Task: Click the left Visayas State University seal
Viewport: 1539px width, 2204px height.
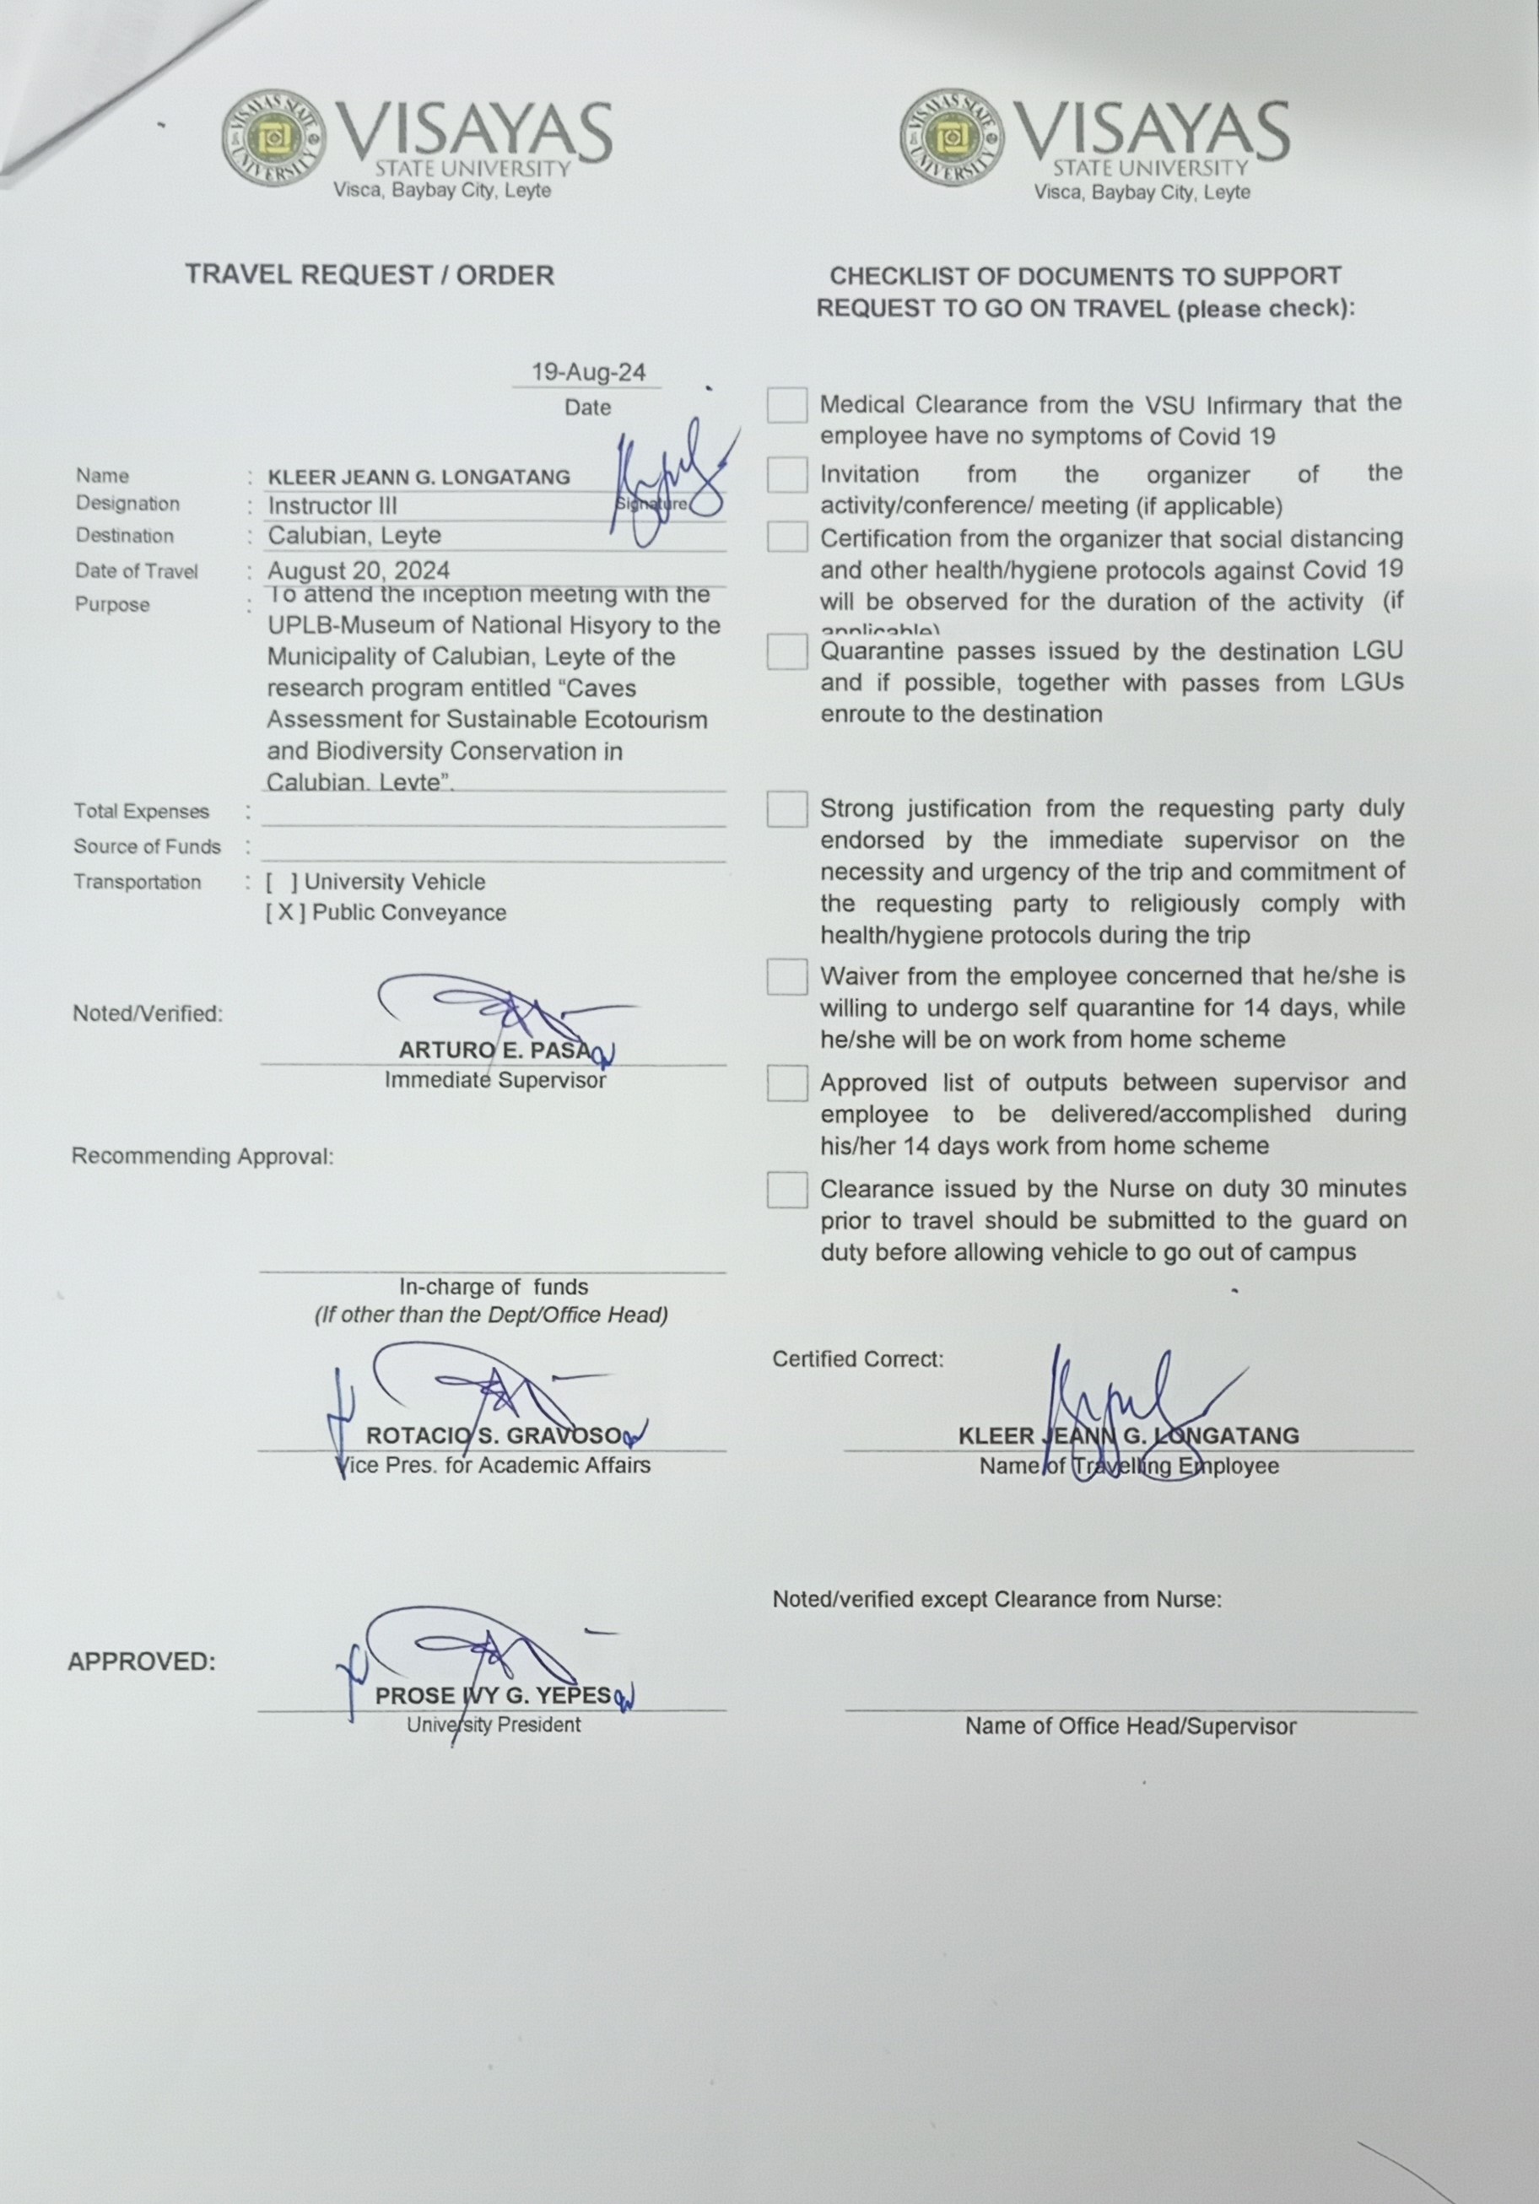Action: [x=273, y=142]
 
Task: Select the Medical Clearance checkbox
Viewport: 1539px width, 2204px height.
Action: [x=786, y=405]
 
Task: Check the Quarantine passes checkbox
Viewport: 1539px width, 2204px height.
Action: [x=786, y=653]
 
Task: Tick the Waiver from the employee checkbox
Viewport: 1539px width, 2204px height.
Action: [x=786, y=977]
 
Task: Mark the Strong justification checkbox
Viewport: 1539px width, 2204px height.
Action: [x=786, y=809]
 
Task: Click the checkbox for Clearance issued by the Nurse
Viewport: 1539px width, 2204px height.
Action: [x=786, y=1191]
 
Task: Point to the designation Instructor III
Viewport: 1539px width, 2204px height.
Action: [x=332, y=506]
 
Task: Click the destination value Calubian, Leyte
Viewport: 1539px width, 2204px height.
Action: [x=354, y=536]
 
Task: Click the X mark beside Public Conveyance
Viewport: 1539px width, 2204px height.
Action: [x=285, y=913]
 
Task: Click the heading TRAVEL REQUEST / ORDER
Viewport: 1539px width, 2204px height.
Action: [x=370, y=275]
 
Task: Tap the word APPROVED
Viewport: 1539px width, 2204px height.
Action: [x=142, y=1661]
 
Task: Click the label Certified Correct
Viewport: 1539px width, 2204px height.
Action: [x=857, y=1359]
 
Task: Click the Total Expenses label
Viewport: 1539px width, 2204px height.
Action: [x=141, y=812]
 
